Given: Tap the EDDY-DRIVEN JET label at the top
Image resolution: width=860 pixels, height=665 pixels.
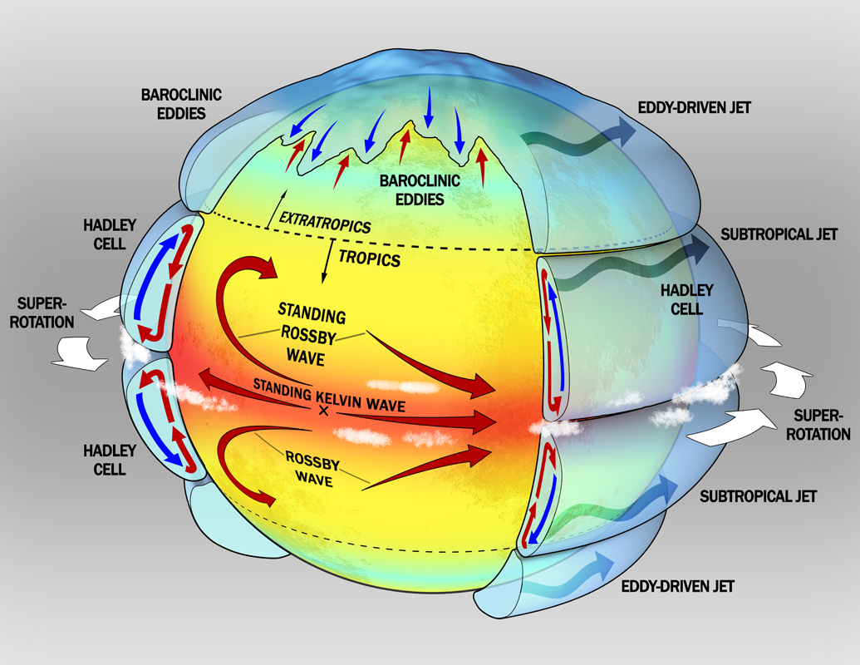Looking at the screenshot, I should tap(683, 108).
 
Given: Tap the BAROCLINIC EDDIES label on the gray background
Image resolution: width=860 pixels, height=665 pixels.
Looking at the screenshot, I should tap(181, 103).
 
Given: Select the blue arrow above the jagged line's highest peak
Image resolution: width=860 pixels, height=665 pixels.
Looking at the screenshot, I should tap(430, 106).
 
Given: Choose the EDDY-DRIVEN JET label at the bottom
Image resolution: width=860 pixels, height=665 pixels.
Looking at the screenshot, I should tap(678, 586).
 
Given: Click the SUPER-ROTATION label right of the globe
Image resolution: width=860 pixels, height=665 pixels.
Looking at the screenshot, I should tap(821, 424).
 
